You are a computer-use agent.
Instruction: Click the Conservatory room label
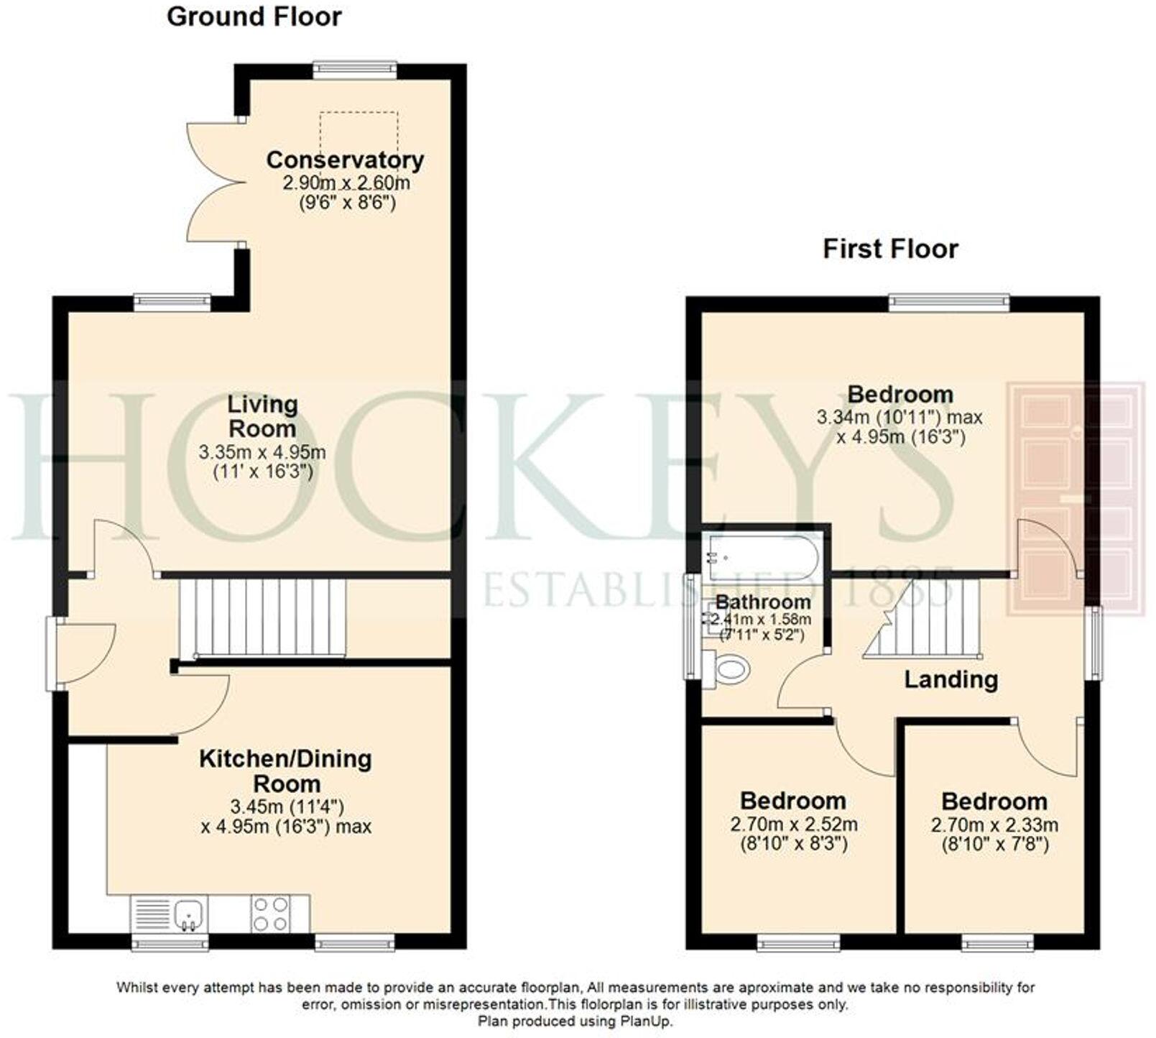pyautogui.click(x=345, y=160)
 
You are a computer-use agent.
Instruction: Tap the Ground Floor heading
pyautogui.click(x=254, y=17)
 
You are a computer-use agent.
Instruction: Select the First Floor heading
pyautogui.click(x=889, y=249)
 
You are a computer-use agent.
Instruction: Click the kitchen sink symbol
pyautogui.click(x=189, y=914)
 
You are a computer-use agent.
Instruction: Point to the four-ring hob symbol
pyautogui.click(x=271, y=914)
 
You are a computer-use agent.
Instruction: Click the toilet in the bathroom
pyautogui.click(x=729, y=670)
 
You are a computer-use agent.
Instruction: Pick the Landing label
pyautogui.click(x=951, y=679)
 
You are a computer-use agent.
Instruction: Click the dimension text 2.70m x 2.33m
pyautogui.click(x=994, y=825)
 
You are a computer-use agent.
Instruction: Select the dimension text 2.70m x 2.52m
pyautogui.click(x=793, y=825)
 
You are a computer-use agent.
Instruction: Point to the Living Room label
pyautogui.click(x=262, y=416)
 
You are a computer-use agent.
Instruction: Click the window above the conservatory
pyautogui.click(x=355, y=70)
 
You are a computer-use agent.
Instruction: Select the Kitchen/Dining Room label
pyautogui.click(x=285, y=771)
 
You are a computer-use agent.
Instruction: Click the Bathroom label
pyautogui.click(x=763, y=602)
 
